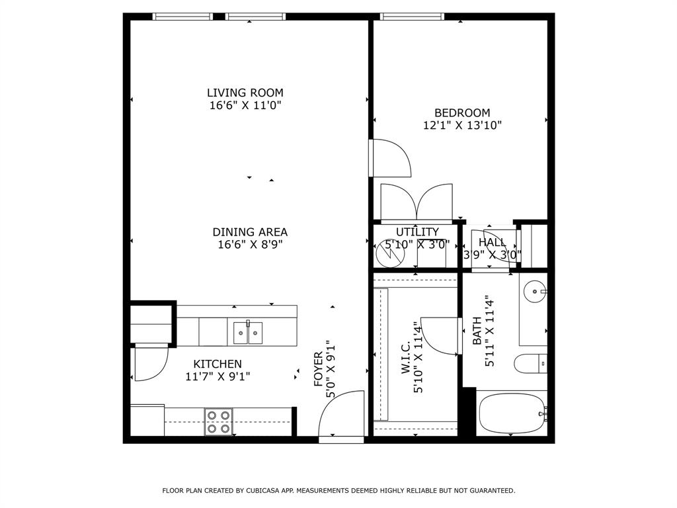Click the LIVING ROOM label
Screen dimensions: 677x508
245,93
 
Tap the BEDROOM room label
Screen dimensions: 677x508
462,112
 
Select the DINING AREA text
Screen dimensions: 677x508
250,232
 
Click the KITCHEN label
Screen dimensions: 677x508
218,364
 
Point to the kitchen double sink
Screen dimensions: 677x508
247,333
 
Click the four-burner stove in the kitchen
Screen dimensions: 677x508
218,421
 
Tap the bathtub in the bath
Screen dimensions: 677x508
510,413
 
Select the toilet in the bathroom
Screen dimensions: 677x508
530,363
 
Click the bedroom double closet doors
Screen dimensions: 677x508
417,202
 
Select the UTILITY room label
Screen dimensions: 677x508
417,232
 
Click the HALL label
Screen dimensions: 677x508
492,243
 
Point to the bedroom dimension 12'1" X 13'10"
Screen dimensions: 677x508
462,125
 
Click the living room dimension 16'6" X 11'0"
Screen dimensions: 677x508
245,105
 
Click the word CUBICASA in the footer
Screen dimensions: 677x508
264,491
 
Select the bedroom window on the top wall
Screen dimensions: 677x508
411,17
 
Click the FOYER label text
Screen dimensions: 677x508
318,369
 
